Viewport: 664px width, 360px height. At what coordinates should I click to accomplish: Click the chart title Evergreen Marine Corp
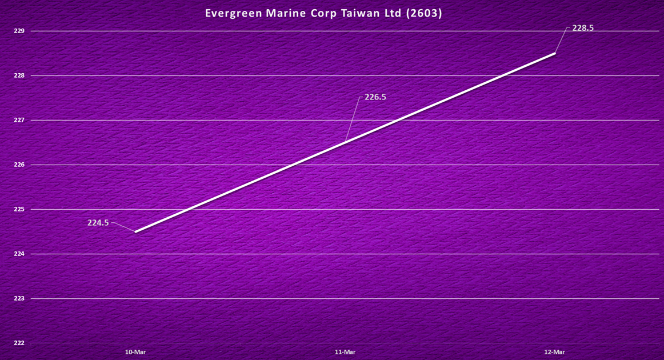tap(323, 13)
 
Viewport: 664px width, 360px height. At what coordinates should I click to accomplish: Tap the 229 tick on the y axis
tap(19, 31)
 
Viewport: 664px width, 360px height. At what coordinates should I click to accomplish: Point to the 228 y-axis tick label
tap(19, 75)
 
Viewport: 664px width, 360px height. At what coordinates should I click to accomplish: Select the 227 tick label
tap(19, 120)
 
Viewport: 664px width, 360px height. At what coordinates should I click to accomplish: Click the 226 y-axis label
tap(19, 165)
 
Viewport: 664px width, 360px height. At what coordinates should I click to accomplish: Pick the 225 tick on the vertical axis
tap(19, 209)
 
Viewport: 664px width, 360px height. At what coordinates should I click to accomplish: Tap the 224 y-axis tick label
tap(19, 254)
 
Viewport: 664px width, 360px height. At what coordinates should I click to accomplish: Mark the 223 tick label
tap(19, 298)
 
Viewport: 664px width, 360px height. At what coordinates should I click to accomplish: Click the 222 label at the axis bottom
tap(19, 343)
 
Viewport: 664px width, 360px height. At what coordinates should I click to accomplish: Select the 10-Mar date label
tap(135, 352)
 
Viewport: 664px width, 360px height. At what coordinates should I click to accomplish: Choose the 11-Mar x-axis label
tap(345, 352)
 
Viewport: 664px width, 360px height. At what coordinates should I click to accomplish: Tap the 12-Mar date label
tap(554, 352)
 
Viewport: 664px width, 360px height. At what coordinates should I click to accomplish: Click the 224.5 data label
tap(98, 223)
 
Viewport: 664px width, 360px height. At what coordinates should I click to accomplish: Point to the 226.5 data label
tap(375, 97)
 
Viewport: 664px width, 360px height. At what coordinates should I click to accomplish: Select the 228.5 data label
tap(583, 27)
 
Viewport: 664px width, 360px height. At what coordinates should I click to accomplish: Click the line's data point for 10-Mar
tap(135, 231)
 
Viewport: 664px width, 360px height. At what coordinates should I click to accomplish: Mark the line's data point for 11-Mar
tap(345, 142)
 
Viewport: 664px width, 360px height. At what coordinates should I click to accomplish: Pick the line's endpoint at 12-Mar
tap(554, 54)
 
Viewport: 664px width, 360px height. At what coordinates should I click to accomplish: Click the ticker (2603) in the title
tap(423, 13)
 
